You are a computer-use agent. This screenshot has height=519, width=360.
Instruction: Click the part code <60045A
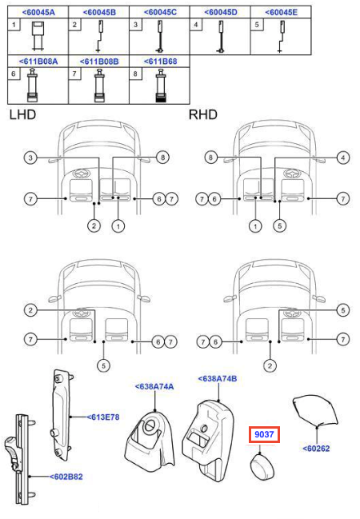[x=38, y=13]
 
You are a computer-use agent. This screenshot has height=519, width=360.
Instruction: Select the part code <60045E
[x=281, y=13]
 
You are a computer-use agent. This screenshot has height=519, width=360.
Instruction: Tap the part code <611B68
[x=160, y=62]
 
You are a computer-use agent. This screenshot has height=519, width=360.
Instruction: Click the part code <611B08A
[x=38, y=62]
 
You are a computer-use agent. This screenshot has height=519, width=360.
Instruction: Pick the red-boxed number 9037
[x=264, y=434]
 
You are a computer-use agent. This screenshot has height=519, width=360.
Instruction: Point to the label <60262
[x=316, y=449]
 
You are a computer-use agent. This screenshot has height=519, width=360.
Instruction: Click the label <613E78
[x=103, y=417]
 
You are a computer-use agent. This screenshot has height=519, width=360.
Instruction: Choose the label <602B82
[x=66, y=477]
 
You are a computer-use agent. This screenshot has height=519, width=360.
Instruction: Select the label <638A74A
[x=154, y=386]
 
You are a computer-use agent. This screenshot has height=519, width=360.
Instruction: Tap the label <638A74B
[x=218, y=378]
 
